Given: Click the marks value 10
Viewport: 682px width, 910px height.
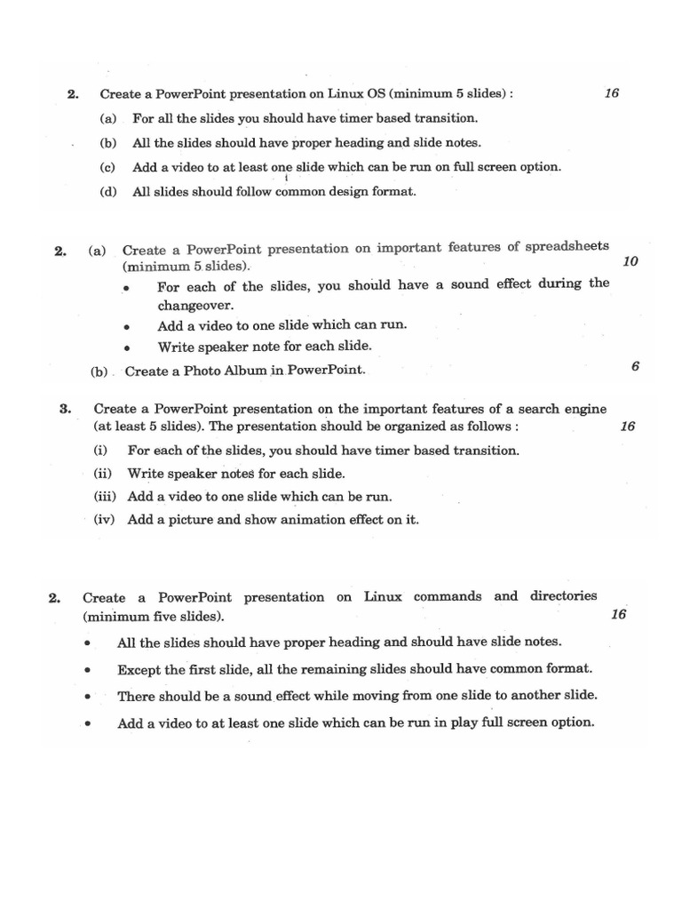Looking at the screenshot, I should pyautogui.click(x=630, y=262).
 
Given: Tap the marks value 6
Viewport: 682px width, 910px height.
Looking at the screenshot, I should pyautogui.click(x=635, y=366).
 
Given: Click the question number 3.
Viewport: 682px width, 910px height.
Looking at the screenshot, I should pyautogui.click(x=65, y=410).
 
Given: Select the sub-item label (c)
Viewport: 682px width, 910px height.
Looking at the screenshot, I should pyautogui.click(x=107, y=167).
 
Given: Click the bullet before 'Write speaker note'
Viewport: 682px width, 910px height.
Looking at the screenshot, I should pyautogui.click(x=128, y=348).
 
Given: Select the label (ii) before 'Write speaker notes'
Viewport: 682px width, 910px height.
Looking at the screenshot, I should pyautogui.click(x=106, y=474).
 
